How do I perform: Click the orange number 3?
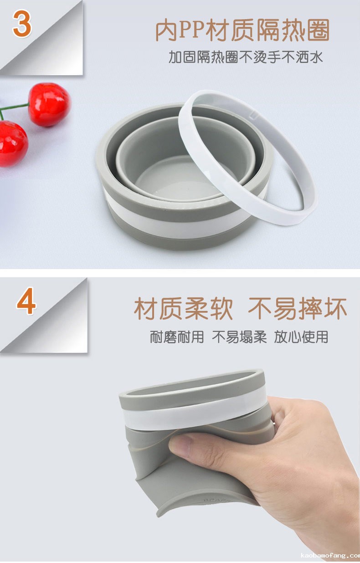coord(22,24)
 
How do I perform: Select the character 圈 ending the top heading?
coord(318,30)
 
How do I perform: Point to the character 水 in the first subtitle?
coord(316,57)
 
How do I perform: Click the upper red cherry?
coord(49,104)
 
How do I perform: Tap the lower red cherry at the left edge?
coord(13,144)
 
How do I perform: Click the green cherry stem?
coord(13,107)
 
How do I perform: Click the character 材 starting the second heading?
coord(146,309)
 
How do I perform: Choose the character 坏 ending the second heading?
coord(335,309)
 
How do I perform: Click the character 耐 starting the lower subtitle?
coord(156,337)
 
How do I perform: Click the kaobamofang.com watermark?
coord(330,555)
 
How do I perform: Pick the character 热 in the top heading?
coord(293,30)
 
